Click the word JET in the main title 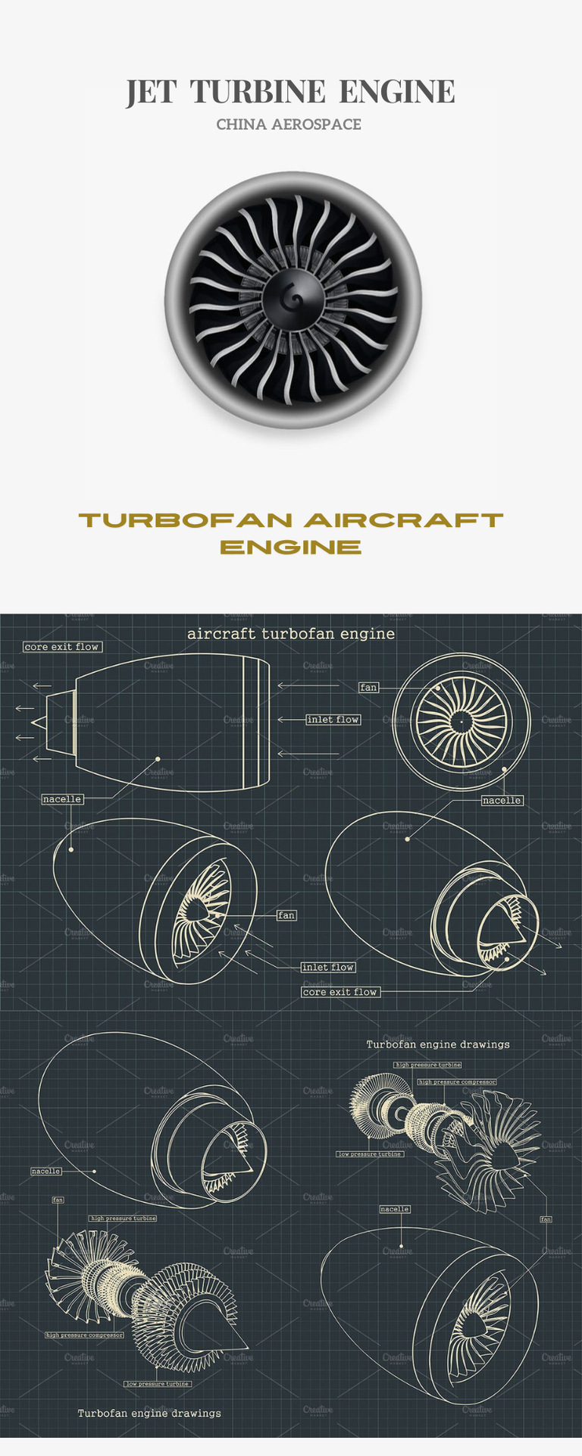(151, 92)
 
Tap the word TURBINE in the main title (258, 92)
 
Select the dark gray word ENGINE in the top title (396, 92)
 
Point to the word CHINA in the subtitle (240, 124)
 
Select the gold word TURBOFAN (186, 520)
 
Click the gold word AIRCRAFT (403, 520)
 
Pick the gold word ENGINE (291, 548)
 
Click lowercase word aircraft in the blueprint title (222, 634)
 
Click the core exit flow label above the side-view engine (62, 647)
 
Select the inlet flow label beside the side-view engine (333, 720)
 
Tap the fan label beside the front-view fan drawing (368, 688)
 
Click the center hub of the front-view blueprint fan (461, 722)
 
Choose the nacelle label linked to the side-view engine (62, 799)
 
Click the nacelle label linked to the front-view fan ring (502, 800)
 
